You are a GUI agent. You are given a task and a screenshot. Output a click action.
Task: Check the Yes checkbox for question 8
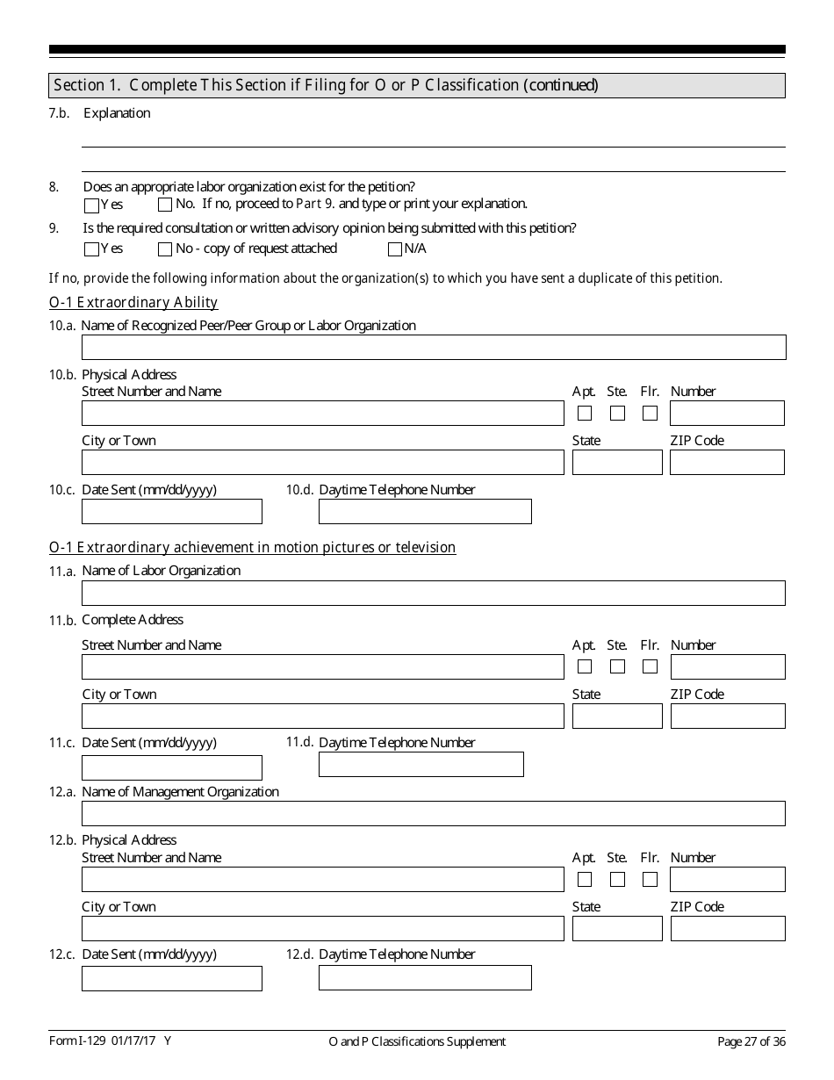click(91, 205)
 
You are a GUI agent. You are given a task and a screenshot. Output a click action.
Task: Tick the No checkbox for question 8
click(165, 205)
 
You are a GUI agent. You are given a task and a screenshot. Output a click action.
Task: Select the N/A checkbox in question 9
click(394, 249)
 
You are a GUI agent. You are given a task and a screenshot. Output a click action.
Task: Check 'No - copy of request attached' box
click(165, 249)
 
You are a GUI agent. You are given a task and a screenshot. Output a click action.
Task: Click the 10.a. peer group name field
click(434, 347)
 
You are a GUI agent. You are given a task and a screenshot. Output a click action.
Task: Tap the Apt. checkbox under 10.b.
click(585, 413)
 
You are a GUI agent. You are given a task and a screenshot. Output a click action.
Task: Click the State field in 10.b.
click(617, 463)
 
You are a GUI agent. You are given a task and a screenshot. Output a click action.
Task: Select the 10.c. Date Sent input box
click(172, 511)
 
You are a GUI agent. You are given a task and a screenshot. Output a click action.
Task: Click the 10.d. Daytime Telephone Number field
click(425, 511)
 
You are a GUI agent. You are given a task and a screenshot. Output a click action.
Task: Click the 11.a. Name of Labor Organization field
click(434, 593)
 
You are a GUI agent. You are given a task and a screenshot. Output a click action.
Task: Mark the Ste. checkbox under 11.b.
click(618, 666)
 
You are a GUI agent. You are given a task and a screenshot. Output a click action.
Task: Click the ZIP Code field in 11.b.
click(728, 716)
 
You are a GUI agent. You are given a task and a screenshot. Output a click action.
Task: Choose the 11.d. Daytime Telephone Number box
click(421, 765)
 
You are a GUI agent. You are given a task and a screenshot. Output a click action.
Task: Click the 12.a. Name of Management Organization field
click(434, 813)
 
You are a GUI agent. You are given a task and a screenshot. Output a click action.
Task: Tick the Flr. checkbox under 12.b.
click(650, 879)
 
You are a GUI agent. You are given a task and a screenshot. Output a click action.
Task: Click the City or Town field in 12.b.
click(323, 929)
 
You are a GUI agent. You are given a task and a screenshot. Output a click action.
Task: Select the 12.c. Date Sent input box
click(172, 978)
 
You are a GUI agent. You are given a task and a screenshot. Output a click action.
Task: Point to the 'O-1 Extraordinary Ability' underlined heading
click(133, 303)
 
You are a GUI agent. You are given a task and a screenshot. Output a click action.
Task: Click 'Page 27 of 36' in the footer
click(751, 1042)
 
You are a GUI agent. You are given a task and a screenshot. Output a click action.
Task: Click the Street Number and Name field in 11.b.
click(323, 667)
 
